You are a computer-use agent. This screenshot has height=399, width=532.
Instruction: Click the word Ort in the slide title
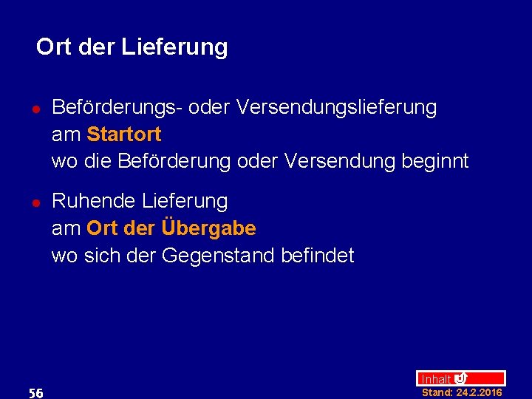[x=53, y=47]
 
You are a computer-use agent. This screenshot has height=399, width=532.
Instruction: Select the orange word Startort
[x=123, y=134]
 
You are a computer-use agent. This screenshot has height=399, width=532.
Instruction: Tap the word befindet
[x=318, y=256]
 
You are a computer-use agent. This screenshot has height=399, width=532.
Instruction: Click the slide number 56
[x=35, y=393]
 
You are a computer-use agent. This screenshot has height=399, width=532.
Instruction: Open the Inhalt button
[x=436, y=379]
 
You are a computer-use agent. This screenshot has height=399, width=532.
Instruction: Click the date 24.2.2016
[x=479, y=392]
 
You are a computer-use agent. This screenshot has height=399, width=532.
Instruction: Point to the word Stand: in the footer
[x=437, y=392]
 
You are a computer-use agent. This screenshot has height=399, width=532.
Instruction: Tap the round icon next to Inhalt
[x=460, y=378]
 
